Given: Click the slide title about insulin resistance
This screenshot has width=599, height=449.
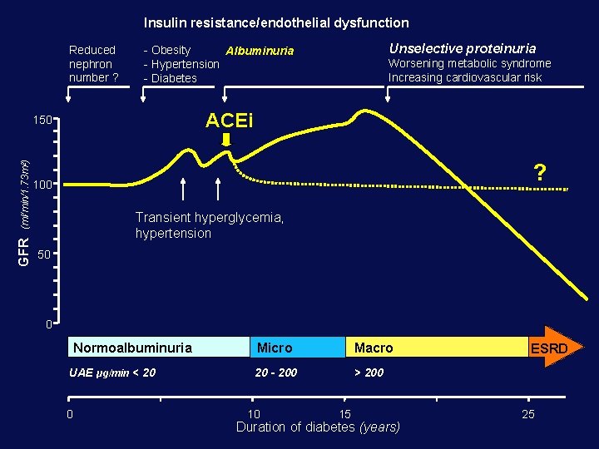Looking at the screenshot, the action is click(276, 23).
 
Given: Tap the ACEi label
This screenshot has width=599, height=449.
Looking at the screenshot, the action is click(229, 121).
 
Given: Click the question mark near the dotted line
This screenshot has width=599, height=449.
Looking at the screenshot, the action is click(540, 172).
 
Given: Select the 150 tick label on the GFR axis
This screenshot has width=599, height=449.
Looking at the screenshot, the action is click(43, 121).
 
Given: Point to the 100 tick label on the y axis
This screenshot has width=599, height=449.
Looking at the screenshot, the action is click(43, 184).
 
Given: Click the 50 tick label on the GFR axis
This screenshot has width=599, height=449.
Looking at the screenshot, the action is click(47, 253).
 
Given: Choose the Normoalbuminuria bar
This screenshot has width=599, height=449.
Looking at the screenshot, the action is click(158, 347).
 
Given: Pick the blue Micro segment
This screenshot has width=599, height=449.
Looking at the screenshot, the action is click(297, 347).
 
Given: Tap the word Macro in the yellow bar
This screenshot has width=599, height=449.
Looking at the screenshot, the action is click(374, 348).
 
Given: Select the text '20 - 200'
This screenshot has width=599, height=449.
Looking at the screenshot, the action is click(276, 373).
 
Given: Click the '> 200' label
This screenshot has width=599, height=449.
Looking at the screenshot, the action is click(369, 373).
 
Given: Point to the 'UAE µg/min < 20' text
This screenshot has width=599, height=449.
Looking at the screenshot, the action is click(112, 373).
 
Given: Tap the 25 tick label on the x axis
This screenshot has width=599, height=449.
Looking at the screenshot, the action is click(527, 413).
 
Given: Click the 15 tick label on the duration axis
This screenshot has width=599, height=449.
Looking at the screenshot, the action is click(345, 413).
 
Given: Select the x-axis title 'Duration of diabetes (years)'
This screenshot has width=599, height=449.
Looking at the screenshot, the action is click(318, 427).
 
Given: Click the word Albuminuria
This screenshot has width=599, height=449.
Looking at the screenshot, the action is click(260, 51).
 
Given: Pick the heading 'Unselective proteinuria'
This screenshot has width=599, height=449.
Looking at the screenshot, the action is click(462, 48).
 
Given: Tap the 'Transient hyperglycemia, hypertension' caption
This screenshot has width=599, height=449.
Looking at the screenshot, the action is click(210, 225).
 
